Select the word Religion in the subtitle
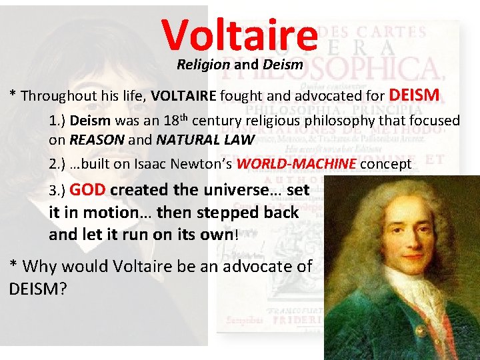tap(203, 65)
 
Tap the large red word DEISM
tap(413, 95)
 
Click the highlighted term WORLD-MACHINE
tap(297, 164)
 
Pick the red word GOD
tap(87, 189)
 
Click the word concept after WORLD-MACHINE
tap(386, 164)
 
